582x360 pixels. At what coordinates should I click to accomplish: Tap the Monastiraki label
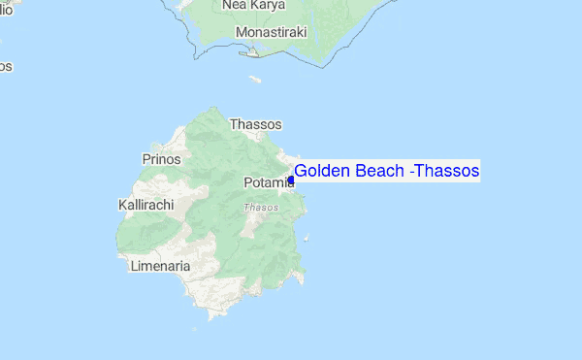pos(271,32)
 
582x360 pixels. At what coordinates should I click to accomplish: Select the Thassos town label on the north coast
pos(255,124)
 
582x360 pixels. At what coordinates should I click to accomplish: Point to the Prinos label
pos(161,158)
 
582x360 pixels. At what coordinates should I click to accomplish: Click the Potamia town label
pos(264,182)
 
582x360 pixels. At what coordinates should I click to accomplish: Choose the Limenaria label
pos(160,265)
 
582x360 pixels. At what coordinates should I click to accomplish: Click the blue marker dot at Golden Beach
pos(291,180)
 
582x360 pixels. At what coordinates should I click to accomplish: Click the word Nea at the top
pos(234,5)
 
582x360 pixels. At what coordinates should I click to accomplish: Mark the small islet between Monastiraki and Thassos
pos(255,79)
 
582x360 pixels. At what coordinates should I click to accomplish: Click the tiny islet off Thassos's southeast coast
pos(308,238)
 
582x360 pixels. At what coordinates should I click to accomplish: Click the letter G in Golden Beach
pos(301,172)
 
